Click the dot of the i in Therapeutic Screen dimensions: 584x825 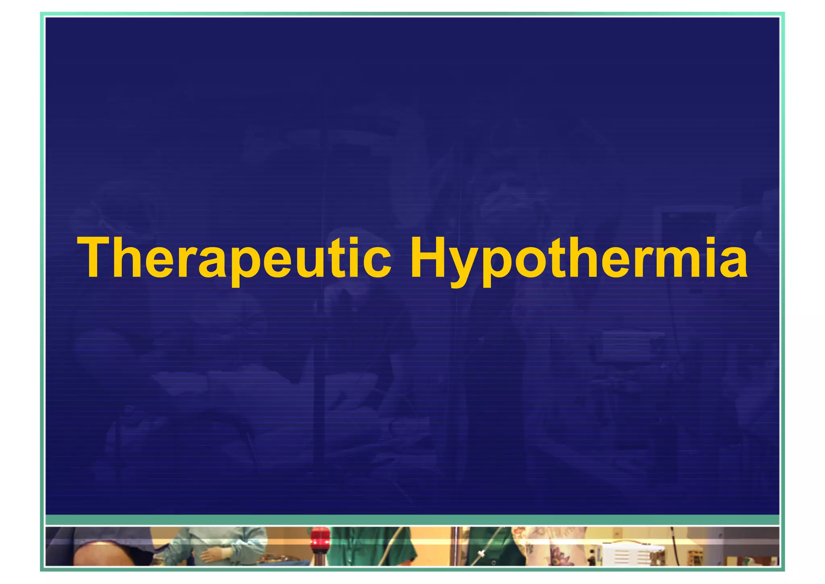click(354, 242)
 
